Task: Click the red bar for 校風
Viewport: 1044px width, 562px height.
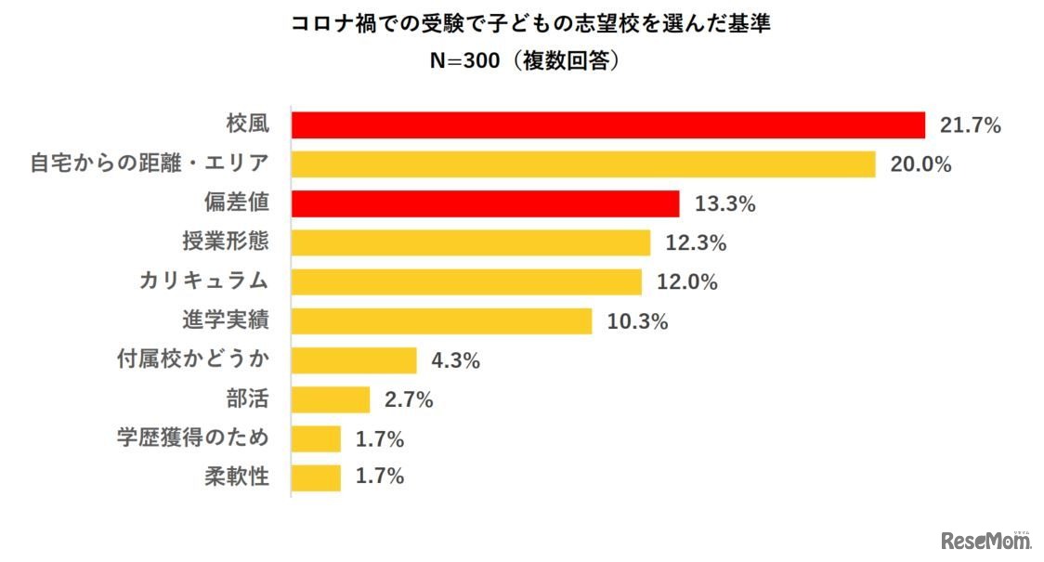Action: [608, 125]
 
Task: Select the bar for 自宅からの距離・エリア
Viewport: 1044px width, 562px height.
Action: [583, 164]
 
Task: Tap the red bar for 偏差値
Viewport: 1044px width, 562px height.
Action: [486, 203]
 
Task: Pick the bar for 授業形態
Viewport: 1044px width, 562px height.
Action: [471, 242]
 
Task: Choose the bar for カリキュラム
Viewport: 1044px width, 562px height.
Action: [466, 281]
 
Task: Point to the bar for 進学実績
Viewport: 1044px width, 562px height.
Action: [441, 320]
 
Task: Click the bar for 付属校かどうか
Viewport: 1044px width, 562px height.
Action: [354, 359]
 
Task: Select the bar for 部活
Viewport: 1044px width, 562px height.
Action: [331, 399]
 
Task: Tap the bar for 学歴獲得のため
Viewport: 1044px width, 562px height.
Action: [316, 438]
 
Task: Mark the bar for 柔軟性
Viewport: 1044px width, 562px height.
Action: [316, 477]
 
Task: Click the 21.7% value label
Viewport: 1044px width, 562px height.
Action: [970, 125]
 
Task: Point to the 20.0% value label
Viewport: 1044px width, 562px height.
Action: [921, 164]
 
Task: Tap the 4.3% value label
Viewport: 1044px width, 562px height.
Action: [454, 359]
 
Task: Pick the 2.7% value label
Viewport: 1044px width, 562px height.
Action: [408, 399]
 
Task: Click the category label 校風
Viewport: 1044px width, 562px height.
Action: [247, 124]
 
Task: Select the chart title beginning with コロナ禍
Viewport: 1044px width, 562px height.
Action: [530, 23]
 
